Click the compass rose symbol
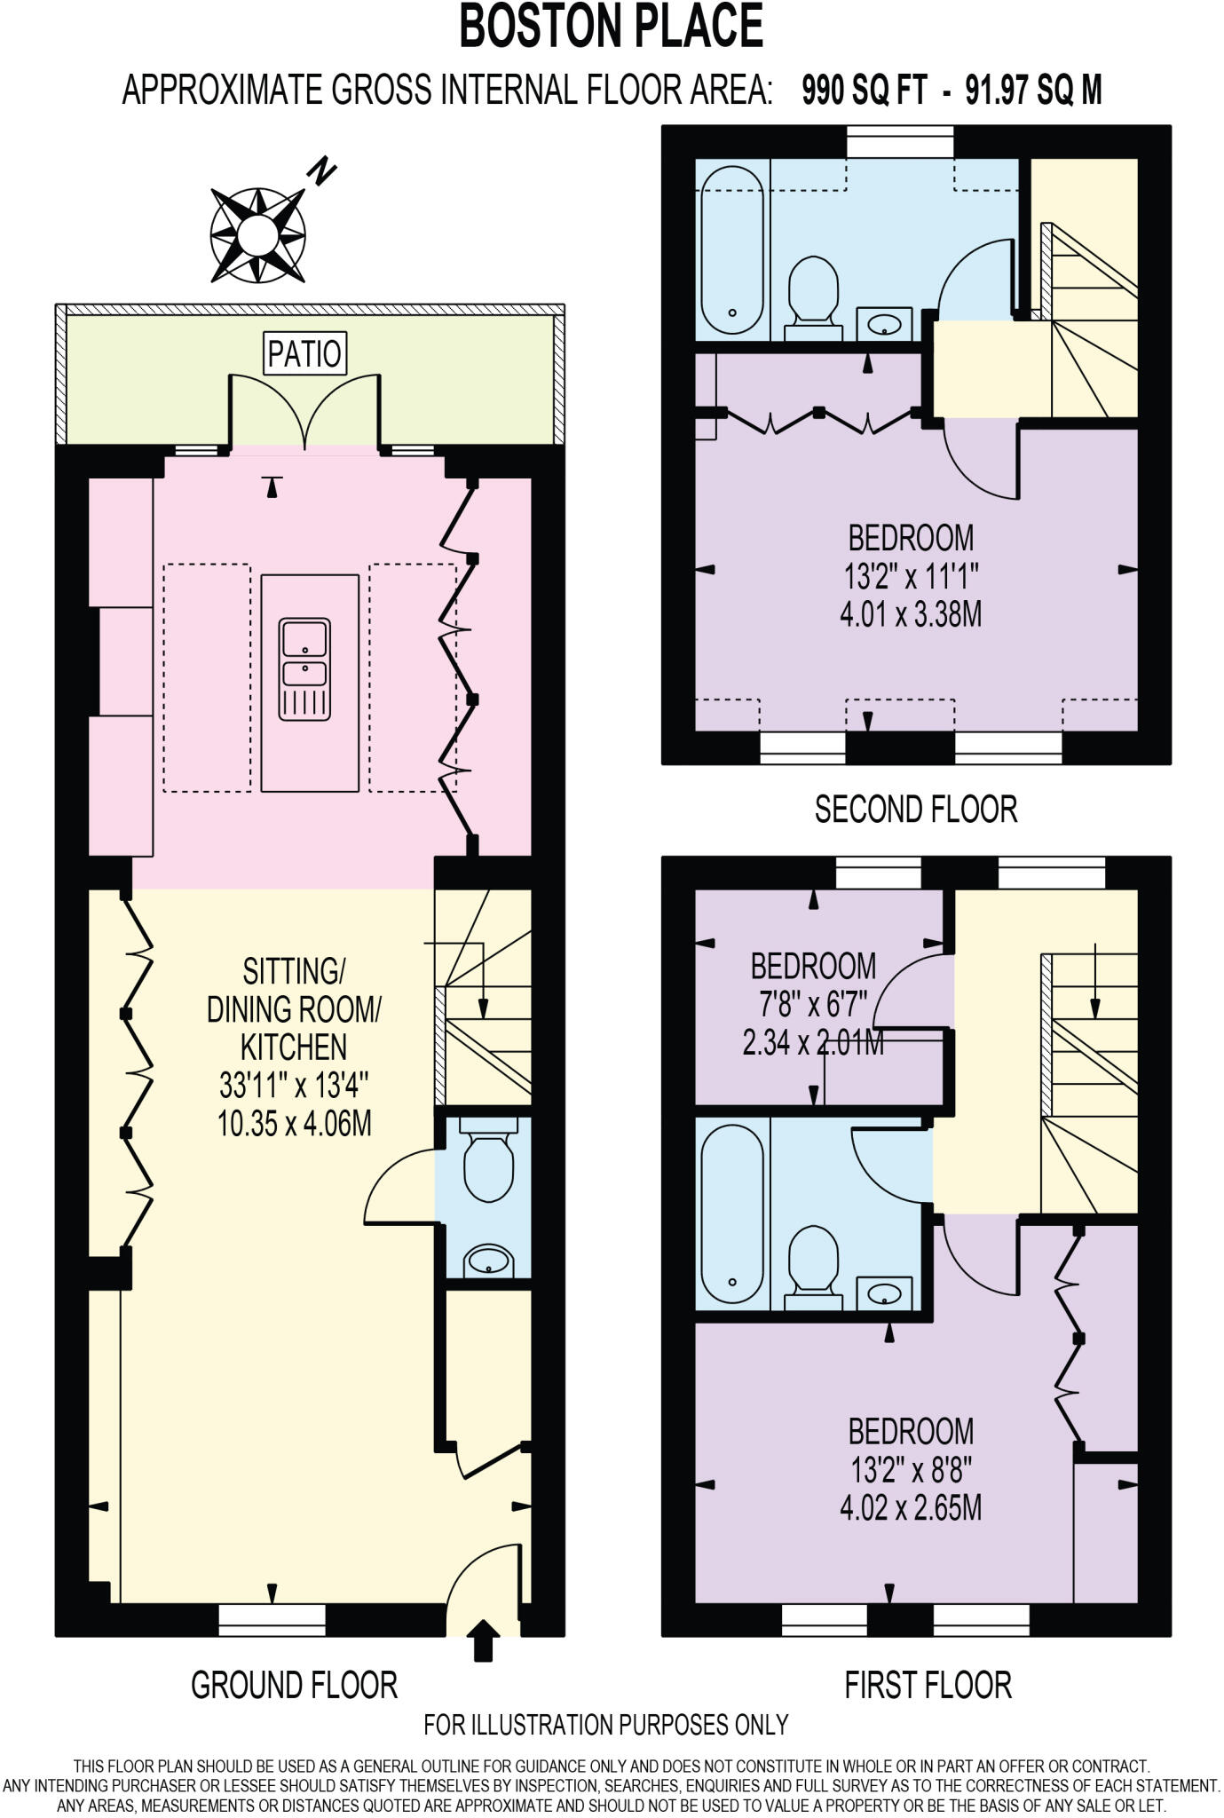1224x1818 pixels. [x=258, y=235]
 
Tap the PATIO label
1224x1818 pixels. [x=304, y=353]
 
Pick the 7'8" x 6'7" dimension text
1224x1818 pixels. [x=813, y=1004]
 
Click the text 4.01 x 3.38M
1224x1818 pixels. [x=911, y=614]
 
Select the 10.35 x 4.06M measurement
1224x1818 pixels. [x=294, y=1124]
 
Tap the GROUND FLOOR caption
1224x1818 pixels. [x=294, y=1684]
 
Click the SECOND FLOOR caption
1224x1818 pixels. [x=916, y=809]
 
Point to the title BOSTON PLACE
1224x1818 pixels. [x=611, y=27]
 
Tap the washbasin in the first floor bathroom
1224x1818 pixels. [x=885, y=1294]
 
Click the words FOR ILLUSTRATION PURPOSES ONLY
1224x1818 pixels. [x=605, y=1725]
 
